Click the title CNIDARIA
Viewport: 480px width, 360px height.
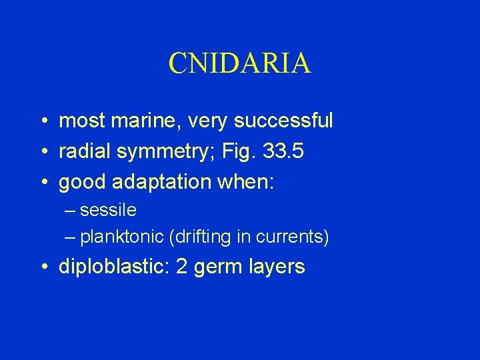(239, 63)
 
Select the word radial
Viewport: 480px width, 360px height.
(84, 152)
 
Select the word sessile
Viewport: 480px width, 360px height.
(108, 211)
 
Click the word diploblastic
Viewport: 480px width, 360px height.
(114, 267)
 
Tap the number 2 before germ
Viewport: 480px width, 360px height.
(182, 267)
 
